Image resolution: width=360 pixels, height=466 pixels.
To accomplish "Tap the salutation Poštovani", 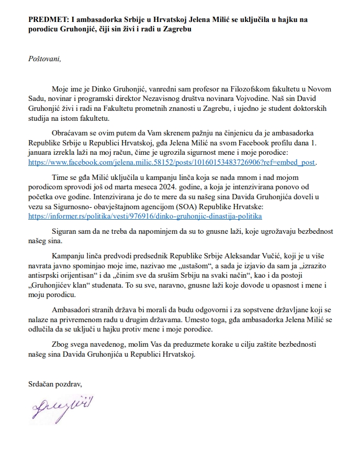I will [45, 58].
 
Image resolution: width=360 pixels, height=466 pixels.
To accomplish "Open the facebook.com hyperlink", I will [172, 163].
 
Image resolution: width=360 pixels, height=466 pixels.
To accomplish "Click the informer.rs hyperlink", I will [145, 215].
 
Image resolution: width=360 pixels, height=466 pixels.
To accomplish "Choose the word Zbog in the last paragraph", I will [60, 345].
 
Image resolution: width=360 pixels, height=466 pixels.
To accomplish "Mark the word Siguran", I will [65, 231].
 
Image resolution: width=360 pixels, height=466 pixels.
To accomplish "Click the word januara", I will [44, 154].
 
